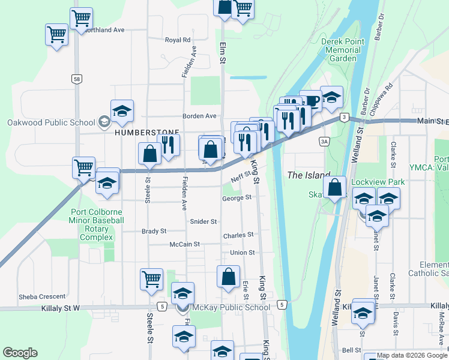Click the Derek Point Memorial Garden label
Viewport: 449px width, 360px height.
click(341, 50)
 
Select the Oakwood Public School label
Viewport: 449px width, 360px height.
click(52, 122)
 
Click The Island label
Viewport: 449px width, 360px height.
click(309, 175)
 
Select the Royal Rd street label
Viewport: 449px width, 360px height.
click(177, 40)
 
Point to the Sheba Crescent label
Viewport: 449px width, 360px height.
click(42, 296)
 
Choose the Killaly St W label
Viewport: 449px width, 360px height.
click(60, 308)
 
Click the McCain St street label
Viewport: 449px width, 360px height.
click(184, 244)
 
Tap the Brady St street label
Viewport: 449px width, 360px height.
click(154, 231)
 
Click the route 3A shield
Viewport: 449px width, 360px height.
click(325, 142)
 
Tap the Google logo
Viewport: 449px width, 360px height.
click(20, 353)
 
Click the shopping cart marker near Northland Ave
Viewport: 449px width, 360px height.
click(81, 17)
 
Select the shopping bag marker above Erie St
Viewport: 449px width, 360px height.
click(228, 277)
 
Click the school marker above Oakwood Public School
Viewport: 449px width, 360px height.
click(122, 110)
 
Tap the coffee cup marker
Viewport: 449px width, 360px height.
click(310, 100)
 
